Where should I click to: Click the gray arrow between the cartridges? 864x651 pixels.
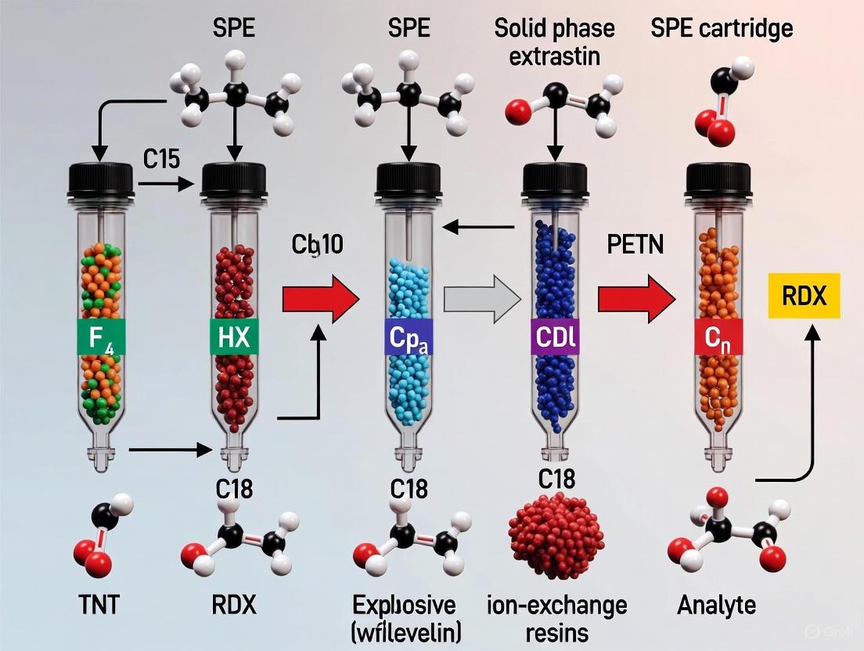(x=481, y=300)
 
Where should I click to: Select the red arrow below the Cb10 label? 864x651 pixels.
(x=319, y=300)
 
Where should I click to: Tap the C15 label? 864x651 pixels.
(x=162, y=160)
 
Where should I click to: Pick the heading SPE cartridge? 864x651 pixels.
(x=722, y=29)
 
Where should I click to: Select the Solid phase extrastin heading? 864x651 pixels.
(x=554, y=41)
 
